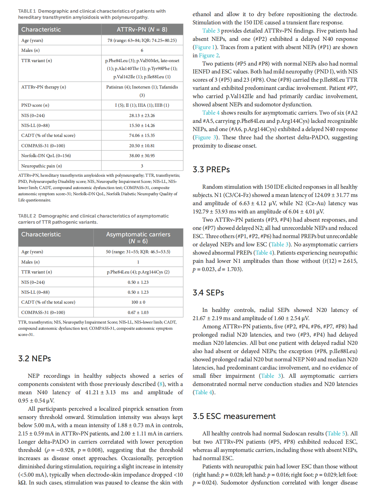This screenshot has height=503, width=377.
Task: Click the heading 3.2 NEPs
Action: (35, 359)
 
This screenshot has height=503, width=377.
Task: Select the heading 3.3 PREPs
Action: (211, 169)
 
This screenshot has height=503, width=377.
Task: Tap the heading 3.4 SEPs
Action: (208, 293)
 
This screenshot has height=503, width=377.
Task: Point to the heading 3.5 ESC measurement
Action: (234, 416)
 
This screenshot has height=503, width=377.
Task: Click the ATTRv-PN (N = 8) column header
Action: (142, 30)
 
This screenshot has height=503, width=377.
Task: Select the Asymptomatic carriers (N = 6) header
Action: (138, 237)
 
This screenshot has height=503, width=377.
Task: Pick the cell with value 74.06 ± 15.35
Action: (142, 136)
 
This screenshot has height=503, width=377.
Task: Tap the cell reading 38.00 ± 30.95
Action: (142, 156)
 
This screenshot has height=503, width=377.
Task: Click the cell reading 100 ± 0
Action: (138, 302)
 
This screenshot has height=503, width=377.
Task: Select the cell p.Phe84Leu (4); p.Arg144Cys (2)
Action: (138, 272)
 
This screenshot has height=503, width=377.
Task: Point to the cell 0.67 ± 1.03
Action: (138, 313)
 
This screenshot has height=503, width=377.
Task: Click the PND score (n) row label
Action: (35, 105)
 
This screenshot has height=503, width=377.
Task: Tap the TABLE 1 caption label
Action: (27, 11)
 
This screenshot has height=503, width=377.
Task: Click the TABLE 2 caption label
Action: (27, 216)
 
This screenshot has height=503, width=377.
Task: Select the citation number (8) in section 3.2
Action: (161, 384)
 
